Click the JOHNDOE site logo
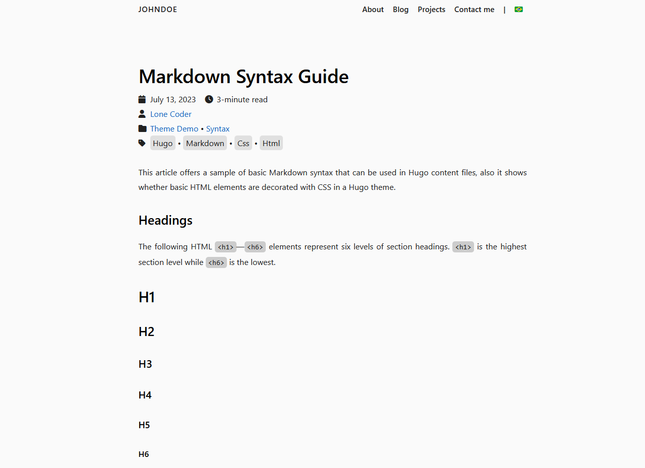158,10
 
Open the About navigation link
373,10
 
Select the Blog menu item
400,10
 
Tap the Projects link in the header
431,10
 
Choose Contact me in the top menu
474,10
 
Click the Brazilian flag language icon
518,10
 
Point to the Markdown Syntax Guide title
244,77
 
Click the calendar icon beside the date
142,99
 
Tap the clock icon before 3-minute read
209,99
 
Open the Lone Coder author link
171,114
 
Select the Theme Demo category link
174,129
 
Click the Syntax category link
218,129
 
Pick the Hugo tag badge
162,144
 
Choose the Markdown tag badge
205,144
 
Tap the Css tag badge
243,144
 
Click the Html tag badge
271,144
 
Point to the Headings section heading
165,221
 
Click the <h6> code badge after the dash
255,247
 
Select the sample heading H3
145,364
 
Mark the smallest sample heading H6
144,454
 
